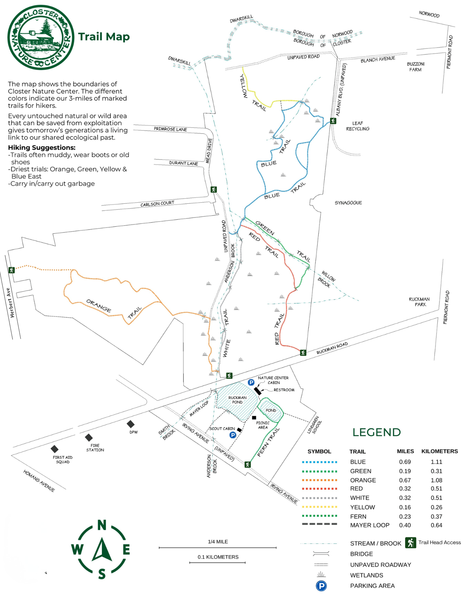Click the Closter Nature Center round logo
41,37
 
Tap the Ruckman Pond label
237,400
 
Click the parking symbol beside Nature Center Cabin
251,382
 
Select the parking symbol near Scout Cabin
233,435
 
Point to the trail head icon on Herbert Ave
11,270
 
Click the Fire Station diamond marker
89,437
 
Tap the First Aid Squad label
63,459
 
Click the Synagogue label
348,203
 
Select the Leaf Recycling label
357,126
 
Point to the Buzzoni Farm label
415,67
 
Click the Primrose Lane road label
170,129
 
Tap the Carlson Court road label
157,204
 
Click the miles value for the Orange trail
405,480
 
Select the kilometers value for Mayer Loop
436,525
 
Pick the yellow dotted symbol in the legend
319,507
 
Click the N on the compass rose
102,525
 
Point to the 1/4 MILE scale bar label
218,542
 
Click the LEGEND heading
376,432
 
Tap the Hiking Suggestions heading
42,148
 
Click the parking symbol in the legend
321,586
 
